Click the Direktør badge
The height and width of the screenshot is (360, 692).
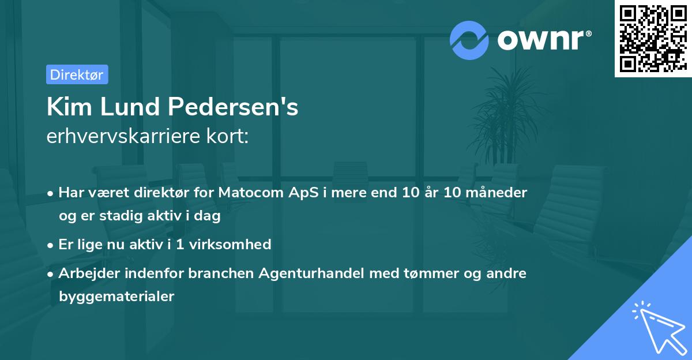pyautogui.click(x=77, y=74)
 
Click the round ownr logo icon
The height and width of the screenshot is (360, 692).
pyautogui.click(x=469, y=40)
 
